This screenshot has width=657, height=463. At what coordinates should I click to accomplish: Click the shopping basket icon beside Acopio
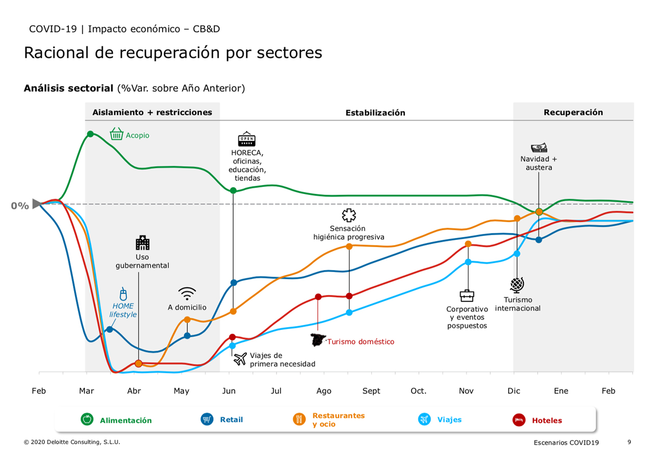(117, 134)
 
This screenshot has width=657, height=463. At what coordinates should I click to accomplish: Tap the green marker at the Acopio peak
(90, 134)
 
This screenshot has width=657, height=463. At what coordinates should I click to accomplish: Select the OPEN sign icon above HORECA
(246, 139)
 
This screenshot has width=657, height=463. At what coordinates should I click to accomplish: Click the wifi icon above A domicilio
(187, 293)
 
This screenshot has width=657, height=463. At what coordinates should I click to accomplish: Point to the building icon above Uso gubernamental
(142, 242)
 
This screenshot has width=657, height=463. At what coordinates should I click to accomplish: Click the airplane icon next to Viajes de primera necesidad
(240, 359)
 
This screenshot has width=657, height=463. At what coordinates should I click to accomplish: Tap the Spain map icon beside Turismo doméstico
(319, 340)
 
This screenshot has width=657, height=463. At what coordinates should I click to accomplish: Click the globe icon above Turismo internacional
(517, 285)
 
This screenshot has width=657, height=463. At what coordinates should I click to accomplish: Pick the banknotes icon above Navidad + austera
(539, 148)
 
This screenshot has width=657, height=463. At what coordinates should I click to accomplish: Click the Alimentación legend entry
(125, 420)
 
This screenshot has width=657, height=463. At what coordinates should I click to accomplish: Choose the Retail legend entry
(231, 420)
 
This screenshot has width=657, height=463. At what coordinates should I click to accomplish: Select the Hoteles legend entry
(547, 420)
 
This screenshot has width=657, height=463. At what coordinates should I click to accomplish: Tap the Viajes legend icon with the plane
(423, 420)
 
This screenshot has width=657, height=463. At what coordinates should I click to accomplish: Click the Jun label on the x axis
(229, 391)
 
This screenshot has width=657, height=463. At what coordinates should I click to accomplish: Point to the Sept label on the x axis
(371, 391)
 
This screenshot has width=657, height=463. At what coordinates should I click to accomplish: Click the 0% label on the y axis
(20, 206)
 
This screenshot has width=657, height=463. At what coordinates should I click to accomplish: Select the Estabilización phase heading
(375, 113)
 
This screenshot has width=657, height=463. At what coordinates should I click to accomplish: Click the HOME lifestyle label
(123, 310)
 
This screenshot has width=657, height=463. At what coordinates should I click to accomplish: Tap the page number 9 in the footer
(629, 442)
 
